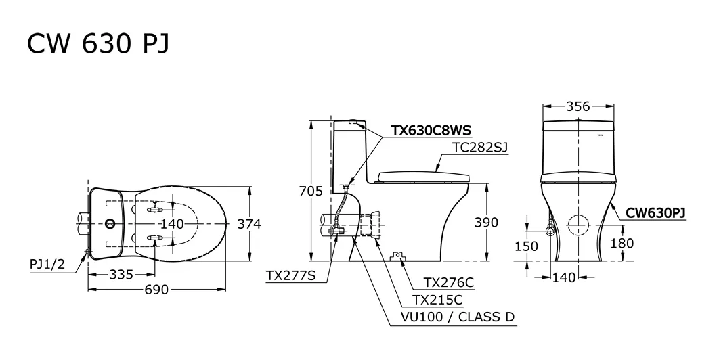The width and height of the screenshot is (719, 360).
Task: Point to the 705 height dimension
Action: (x=311, y=191)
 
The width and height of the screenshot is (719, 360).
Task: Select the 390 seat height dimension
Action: (x=486, y=223)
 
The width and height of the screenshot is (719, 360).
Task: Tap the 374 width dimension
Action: (x=249, y=224)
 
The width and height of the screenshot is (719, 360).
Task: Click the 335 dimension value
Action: (x=121, y=275)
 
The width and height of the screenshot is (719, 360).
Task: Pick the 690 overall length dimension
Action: (x=157, y=290)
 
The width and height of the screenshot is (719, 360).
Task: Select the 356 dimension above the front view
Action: (x=578, y=106)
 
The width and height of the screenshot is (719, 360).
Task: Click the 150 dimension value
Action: (x=527, y=246)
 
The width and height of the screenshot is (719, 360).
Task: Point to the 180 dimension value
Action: (x=622, y=243)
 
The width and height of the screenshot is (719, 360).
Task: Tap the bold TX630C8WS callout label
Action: (x=431, y=131)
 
